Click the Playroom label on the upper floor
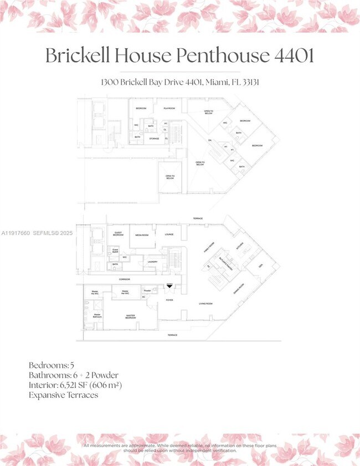tap(169, 108)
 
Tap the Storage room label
tap(154, 139)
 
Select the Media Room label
tap(142, 235)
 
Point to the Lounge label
tap(169, 234)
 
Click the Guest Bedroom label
tap(118, 233)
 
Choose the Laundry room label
tap(153, 262)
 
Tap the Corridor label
tap(117, 280)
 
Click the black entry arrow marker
tap(170, 286)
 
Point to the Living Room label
tap(206, 304)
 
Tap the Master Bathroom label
tap(97, 316)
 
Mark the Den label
tap(260, 265)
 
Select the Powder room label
tap(148, 290)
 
